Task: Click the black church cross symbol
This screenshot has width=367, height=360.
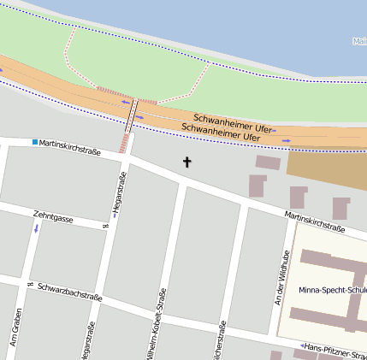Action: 187,161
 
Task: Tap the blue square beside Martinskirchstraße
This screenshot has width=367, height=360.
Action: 34,142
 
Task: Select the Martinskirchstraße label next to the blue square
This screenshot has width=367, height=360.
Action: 70,147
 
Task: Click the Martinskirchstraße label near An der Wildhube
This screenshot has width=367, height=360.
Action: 315,222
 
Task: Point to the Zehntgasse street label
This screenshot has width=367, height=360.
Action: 54,217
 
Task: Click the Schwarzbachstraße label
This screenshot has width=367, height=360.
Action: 70,292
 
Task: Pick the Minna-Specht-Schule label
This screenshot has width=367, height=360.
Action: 332,290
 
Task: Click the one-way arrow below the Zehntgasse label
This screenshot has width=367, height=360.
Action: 36,229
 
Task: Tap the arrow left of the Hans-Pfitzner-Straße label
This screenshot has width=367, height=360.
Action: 303,346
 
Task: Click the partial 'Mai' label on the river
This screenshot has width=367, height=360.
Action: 359,40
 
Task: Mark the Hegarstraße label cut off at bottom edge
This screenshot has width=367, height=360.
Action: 88,342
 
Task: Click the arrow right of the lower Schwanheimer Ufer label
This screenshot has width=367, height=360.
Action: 285,140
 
